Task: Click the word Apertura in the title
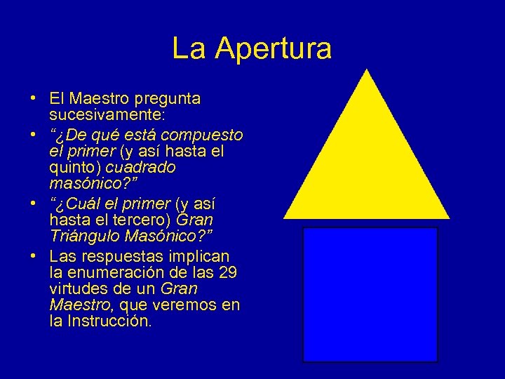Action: coord(274,49)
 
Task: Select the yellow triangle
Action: coord(366,168)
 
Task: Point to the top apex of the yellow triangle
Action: coord(366,70)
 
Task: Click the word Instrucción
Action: coord(108,322)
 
